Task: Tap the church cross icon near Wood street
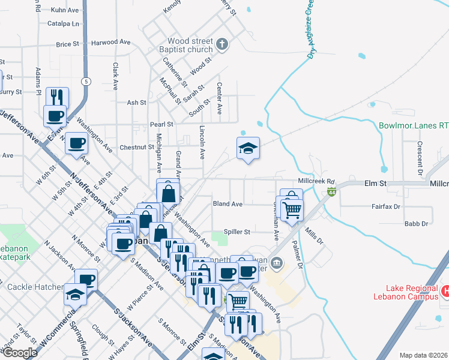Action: (x=222, y=44)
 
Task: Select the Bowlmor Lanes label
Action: (x=414, y=126)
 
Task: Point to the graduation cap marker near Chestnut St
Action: (x=248, y=148)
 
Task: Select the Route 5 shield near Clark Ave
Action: (x=87, y=81)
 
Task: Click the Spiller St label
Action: (x=237, y=232)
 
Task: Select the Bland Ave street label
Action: (x=228, y=204)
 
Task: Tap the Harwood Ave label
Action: (x=111, y=43)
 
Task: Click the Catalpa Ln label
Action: (x=67, y=24)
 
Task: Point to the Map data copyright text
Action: (x=424, y=355)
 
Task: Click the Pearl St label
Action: (x=161, y=124)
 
